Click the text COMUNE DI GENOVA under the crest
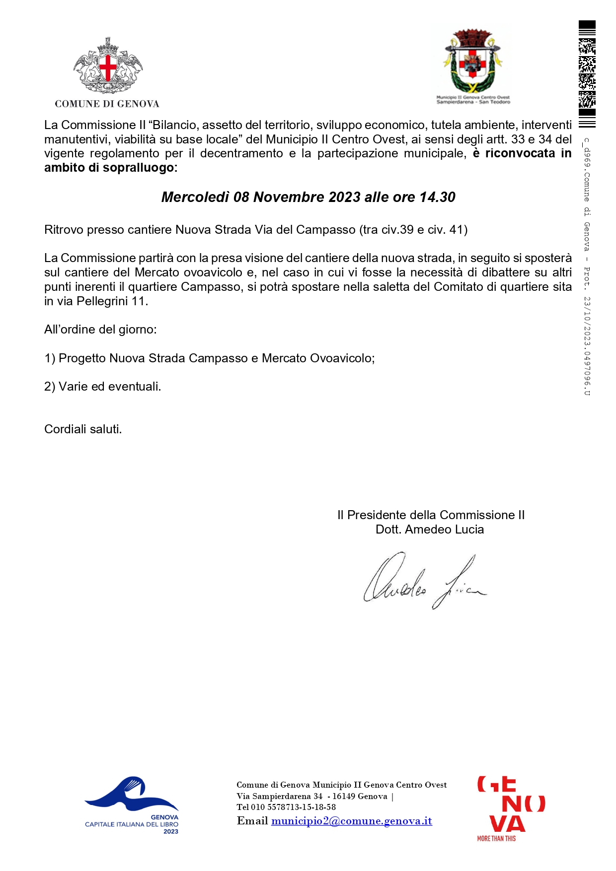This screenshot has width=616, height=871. pyautogui.click(x=107, y=104)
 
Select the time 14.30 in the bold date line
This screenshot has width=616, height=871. pyautogui.click(x=437, y=198)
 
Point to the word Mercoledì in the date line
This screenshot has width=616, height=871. pyautogui.click(x=195, y=198)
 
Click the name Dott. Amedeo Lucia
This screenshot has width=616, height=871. pyautogui.click(x=429, y=530)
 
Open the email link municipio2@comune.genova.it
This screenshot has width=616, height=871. pyautogui.click(x=351, y=821)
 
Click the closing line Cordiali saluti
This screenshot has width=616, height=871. pyautogui.click(x=83, y=429)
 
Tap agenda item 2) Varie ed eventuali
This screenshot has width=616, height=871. pyautogui.click(x=103, y=387)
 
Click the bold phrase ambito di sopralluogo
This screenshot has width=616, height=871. pyautogui.click(x=109, y=168)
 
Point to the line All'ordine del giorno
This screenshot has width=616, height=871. pyautogui.click(x=100, y=330)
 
